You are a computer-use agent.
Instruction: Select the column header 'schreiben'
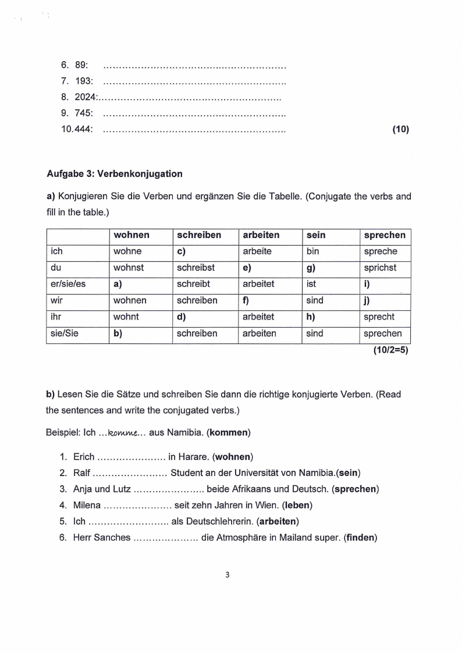click(199, 235)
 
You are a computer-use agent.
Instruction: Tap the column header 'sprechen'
click(384, 235)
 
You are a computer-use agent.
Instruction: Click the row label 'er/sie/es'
click(69, 284)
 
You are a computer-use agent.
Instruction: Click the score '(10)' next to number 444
click(401, 130)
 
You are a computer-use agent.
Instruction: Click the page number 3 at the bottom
click(228, 576)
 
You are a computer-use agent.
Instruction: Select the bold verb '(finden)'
click(361, 538)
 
